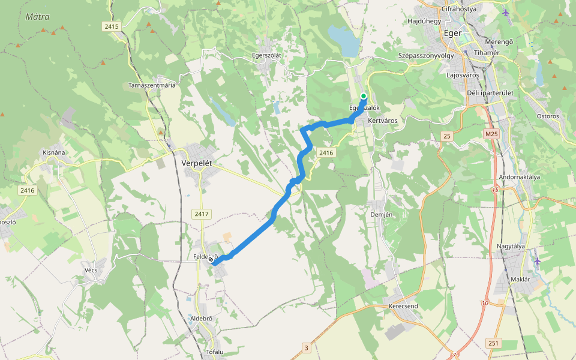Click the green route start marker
(364, 96)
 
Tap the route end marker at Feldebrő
(211, 260)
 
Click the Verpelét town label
(197, 163)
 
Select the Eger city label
(452, 33)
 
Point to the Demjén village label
(382, 214)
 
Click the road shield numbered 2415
(112, 26)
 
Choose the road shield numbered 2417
(202, 214)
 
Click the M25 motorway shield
(492, 134)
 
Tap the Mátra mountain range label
(37, 17)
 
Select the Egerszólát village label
(266, 55)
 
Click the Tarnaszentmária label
(152, 85)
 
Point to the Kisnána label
(54, 152)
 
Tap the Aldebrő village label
(201, 318)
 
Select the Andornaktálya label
(520, 177)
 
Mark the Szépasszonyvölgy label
(426, 55)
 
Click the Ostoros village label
(548, 116)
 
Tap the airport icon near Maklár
(537, 260)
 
